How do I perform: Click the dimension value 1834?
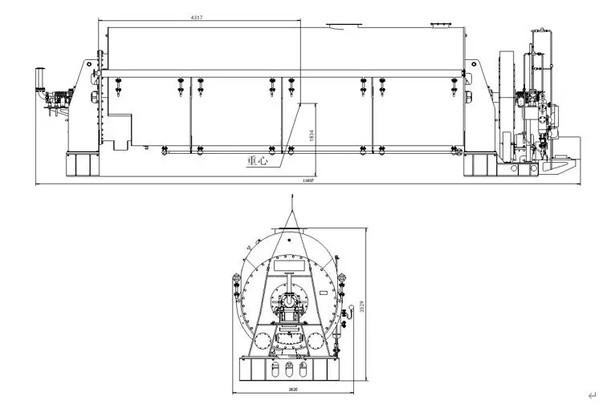tap(312, 138)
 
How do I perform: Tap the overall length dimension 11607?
tap(307, 182)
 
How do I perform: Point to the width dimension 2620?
tap(294, 391)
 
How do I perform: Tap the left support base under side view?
tap(79, 164)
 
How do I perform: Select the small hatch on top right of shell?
tap(441, 26)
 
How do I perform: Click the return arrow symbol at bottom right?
tap(592, 394)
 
